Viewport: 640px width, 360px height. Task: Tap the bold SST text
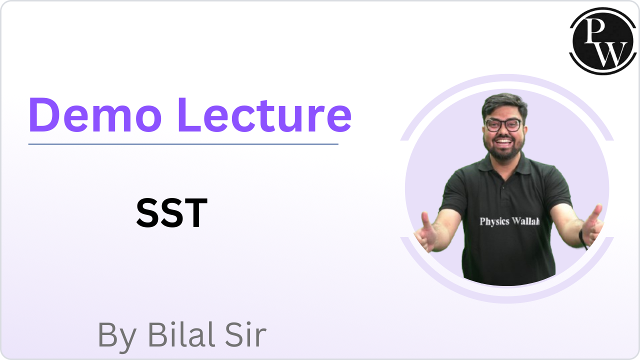pos(171,213)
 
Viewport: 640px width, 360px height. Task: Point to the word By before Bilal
pos(116,336)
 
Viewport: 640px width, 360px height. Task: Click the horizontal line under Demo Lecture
pos(183,144)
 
